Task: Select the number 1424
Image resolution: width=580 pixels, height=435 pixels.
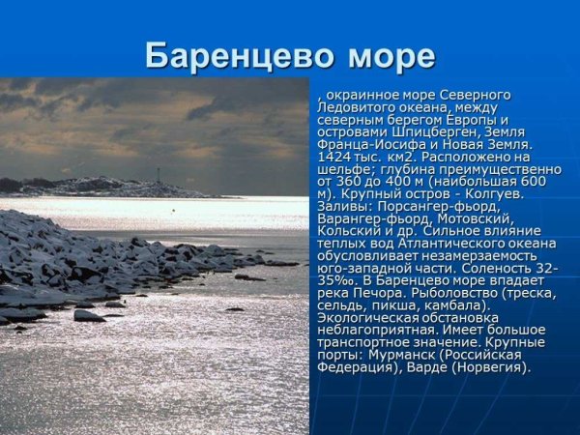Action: (335, 157)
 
